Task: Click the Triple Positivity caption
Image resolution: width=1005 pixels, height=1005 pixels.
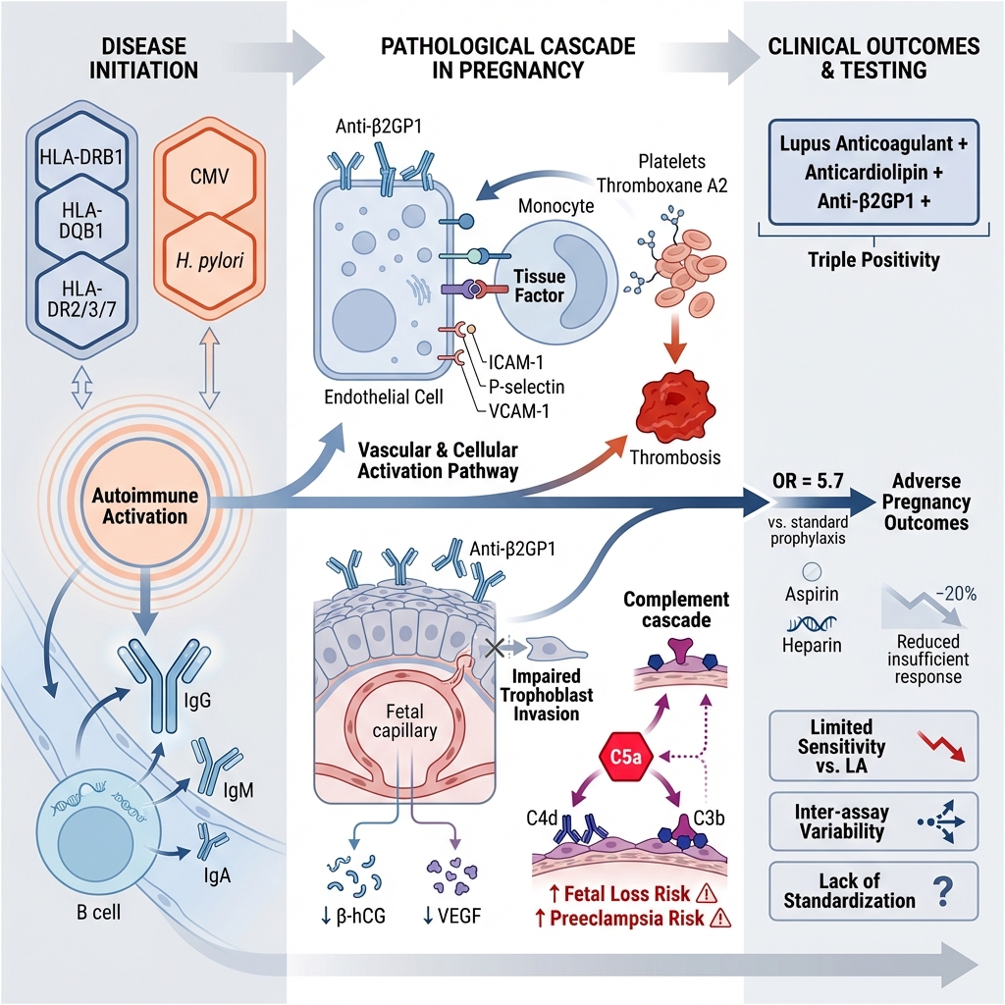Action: [870, 260]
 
